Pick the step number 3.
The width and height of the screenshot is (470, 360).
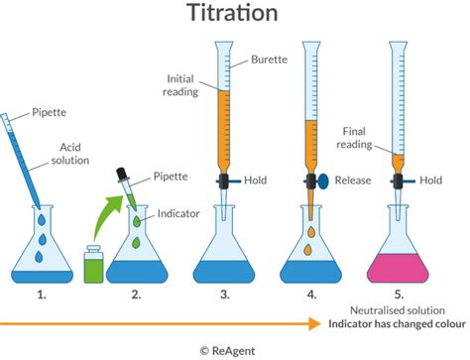click(x=226, y=295)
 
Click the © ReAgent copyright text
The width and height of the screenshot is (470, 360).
click(x=234, y=349)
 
